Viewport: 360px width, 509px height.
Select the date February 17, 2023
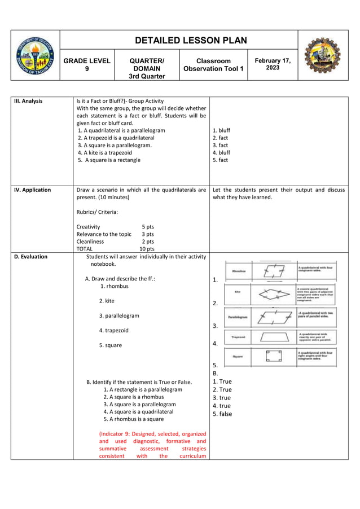click(273, 64)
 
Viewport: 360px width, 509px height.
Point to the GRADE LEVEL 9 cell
click(86, 64)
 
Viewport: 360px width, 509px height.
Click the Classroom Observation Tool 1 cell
click(213, 64)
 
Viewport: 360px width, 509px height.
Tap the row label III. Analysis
click(28, 102)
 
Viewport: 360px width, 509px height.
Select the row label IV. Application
click(32, 190)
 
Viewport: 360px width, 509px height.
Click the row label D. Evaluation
click(30, 257)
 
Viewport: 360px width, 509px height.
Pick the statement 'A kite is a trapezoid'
click(105, 152)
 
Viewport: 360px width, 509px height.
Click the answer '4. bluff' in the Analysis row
click(221, 152)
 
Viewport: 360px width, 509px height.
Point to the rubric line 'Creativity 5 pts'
click(115, 227)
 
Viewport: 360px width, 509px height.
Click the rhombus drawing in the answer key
click(274, 272)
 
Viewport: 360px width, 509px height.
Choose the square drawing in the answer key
click(274, 357)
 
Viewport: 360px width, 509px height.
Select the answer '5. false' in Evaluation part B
click(222, 414)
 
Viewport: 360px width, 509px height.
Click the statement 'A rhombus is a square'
click(133, 419)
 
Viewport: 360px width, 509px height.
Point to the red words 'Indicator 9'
click(123, 434)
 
